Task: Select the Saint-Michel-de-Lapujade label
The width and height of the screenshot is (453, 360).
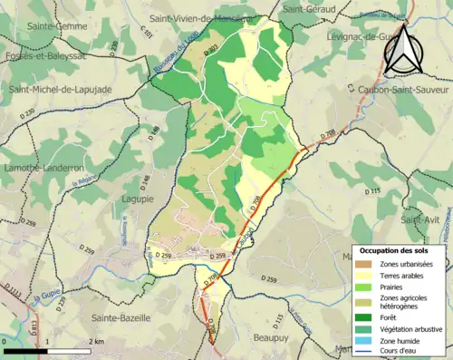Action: pyautogui.click(x=56, y=89)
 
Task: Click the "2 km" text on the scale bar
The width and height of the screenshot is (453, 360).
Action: pyautogui.click(x=98, y=341)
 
